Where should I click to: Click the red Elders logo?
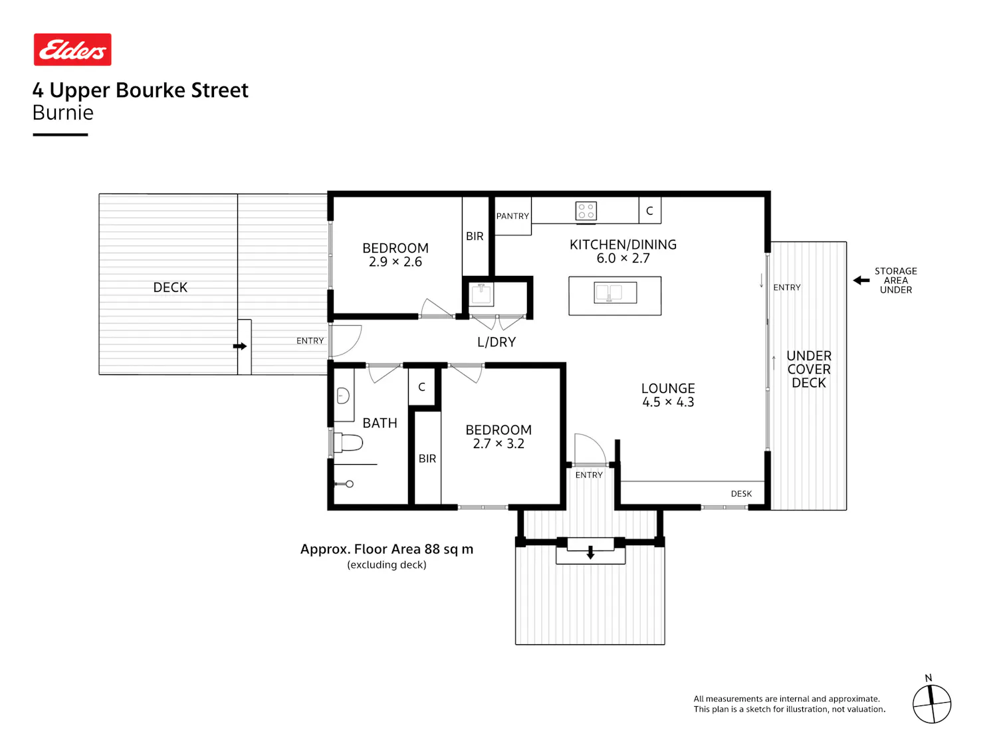[x=72, y=49]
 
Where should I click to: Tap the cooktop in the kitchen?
[x=586, y=211]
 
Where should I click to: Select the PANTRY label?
[x=512, y=216]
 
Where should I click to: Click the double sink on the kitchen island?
[x=615, y=293]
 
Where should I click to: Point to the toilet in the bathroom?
[x=348, y=442]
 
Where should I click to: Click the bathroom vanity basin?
[x=343, y=396]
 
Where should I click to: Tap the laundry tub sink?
[x=481, y=294]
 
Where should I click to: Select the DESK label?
[x=741, y=493]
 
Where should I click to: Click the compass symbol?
[x=931, y=704]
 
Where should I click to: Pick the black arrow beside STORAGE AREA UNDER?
[x=861, y=281]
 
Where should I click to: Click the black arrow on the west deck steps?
[x=239, y=346]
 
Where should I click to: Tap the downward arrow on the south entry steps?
[x=590, y=553]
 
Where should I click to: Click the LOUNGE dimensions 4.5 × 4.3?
[x=668, y=402]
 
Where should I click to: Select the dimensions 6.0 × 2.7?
[x=623, y=259]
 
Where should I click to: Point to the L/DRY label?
[x=496, y=342]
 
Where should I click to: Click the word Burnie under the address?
[x=62, y=112]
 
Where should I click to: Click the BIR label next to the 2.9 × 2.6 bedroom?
[x=474, y=236]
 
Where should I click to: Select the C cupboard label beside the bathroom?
[x=421, y=387]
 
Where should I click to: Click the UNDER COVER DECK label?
[x=808, y=369]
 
